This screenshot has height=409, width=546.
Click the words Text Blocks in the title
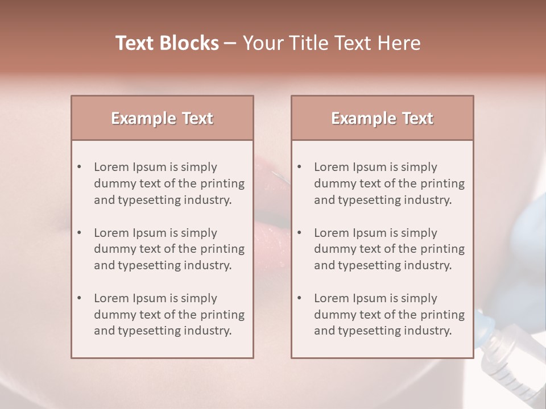[167, 43]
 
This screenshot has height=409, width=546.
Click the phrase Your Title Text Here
[332, 43]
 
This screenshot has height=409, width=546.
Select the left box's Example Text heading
[162, 118]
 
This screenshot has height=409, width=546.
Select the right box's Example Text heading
[382, 118]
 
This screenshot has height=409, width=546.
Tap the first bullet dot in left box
[79, 167]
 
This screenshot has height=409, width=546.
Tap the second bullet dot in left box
[79, 233]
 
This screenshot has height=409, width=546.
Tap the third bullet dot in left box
[79, 298]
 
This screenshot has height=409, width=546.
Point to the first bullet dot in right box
[299, 167]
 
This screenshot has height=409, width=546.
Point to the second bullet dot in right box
[299, 233]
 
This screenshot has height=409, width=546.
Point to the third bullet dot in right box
[299, 298]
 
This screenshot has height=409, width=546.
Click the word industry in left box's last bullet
[208, 331]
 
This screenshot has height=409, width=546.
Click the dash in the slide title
[230, 44]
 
